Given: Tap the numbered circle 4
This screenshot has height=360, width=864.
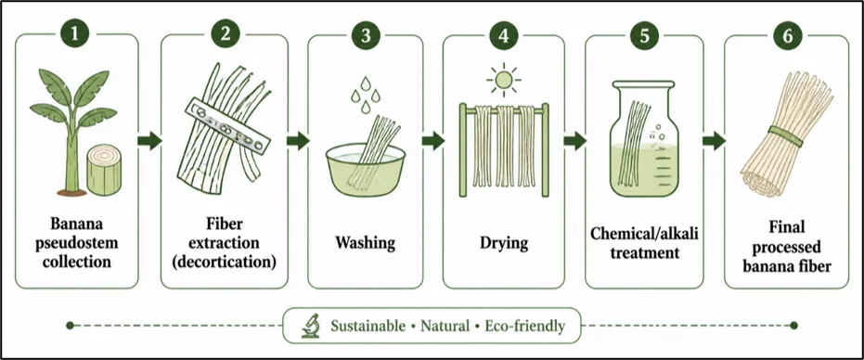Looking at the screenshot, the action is coord(504,34).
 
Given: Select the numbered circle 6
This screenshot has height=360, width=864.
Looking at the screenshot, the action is coord(787,34).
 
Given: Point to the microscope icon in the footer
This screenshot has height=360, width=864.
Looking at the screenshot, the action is coord(311,326).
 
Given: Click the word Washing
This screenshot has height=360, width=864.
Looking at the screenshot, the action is coord(365,243).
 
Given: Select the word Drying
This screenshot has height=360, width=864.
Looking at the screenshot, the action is coord(504,243).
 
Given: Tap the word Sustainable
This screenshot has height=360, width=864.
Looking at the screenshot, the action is coord(368,326).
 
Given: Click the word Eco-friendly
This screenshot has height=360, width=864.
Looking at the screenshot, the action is coord(525,326).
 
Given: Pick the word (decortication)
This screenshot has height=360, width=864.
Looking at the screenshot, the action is coord(224,262).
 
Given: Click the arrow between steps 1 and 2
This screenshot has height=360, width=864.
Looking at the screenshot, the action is coord(148,141).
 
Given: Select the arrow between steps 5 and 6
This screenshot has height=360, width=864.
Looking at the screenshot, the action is coord(715,141).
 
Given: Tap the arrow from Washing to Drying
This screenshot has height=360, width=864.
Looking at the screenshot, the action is coord(433,141).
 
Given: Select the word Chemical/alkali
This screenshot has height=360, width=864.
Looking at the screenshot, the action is coord(644,233).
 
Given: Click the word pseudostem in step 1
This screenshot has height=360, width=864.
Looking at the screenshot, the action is coord(77,243).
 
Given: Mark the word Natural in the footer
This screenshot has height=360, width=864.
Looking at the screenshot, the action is coord(445,326).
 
